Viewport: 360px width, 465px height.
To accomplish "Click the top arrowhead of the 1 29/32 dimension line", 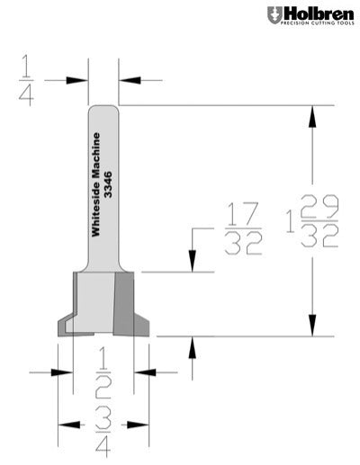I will (x=313, y=113).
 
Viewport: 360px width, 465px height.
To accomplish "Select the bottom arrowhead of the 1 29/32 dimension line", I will (x=313, y=328).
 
